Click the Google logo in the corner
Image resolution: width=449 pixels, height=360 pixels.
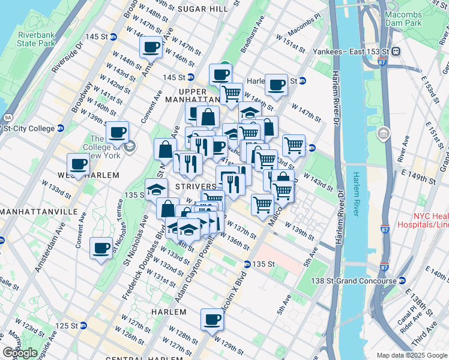(x=20, y=353)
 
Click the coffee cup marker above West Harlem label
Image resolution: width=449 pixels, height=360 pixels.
(x=78, y=164)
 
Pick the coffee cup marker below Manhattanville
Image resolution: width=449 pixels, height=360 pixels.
(x=101, y=247)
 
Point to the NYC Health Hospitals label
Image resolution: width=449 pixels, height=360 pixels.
(x=429, y=220)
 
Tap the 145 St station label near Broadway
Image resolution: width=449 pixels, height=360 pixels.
(x=96, y=37)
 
